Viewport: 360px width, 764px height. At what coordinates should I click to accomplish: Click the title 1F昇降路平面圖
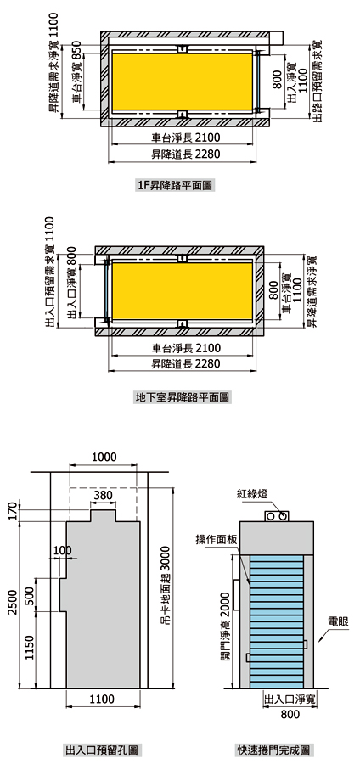tap(176, 185)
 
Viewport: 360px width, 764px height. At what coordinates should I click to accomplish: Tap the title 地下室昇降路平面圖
tap(183, 397)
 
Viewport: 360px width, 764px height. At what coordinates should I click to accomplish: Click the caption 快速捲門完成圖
tap(273, 750)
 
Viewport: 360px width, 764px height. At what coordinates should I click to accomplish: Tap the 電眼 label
tap(338, 621)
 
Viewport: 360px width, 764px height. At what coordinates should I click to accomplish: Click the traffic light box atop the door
tap(277, 516)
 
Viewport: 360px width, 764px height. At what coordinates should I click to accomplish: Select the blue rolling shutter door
tap(276, 621)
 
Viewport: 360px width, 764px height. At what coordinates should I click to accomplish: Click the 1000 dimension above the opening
tap(104, 457)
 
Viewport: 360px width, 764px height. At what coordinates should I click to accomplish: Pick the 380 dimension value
tap(104, 496)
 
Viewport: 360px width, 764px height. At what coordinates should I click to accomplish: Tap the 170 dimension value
tap(13, 512)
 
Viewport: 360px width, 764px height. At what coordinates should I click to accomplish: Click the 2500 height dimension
tap(13, 602)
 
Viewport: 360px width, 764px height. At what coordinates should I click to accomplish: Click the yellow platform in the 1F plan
tap(183, 81)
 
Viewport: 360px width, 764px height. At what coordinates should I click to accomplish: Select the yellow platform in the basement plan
tap(183, 291)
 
